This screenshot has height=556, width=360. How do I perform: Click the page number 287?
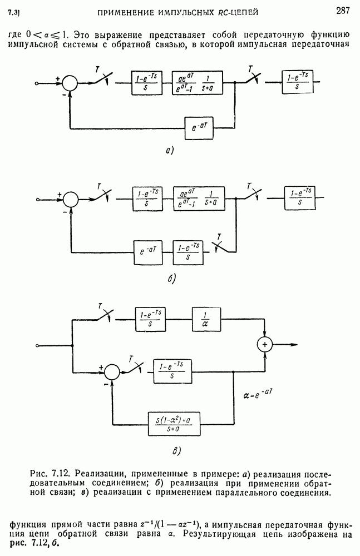pos(342,9)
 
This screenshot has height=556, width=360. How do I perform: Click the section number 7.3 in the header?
pos(14,11)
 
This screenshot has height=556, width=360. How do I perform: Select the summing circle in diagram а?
pos(70,83)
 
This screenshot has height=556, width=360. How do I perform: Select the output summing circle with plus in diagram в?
pos(265,345)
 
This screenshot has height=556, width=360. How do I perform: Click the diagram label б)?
pos(171,278)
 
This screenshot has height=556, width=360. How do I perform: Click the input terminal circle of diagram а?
pos(36,83)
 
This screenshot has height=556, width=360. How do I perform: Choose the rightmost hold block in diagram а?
pos(301,83)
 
